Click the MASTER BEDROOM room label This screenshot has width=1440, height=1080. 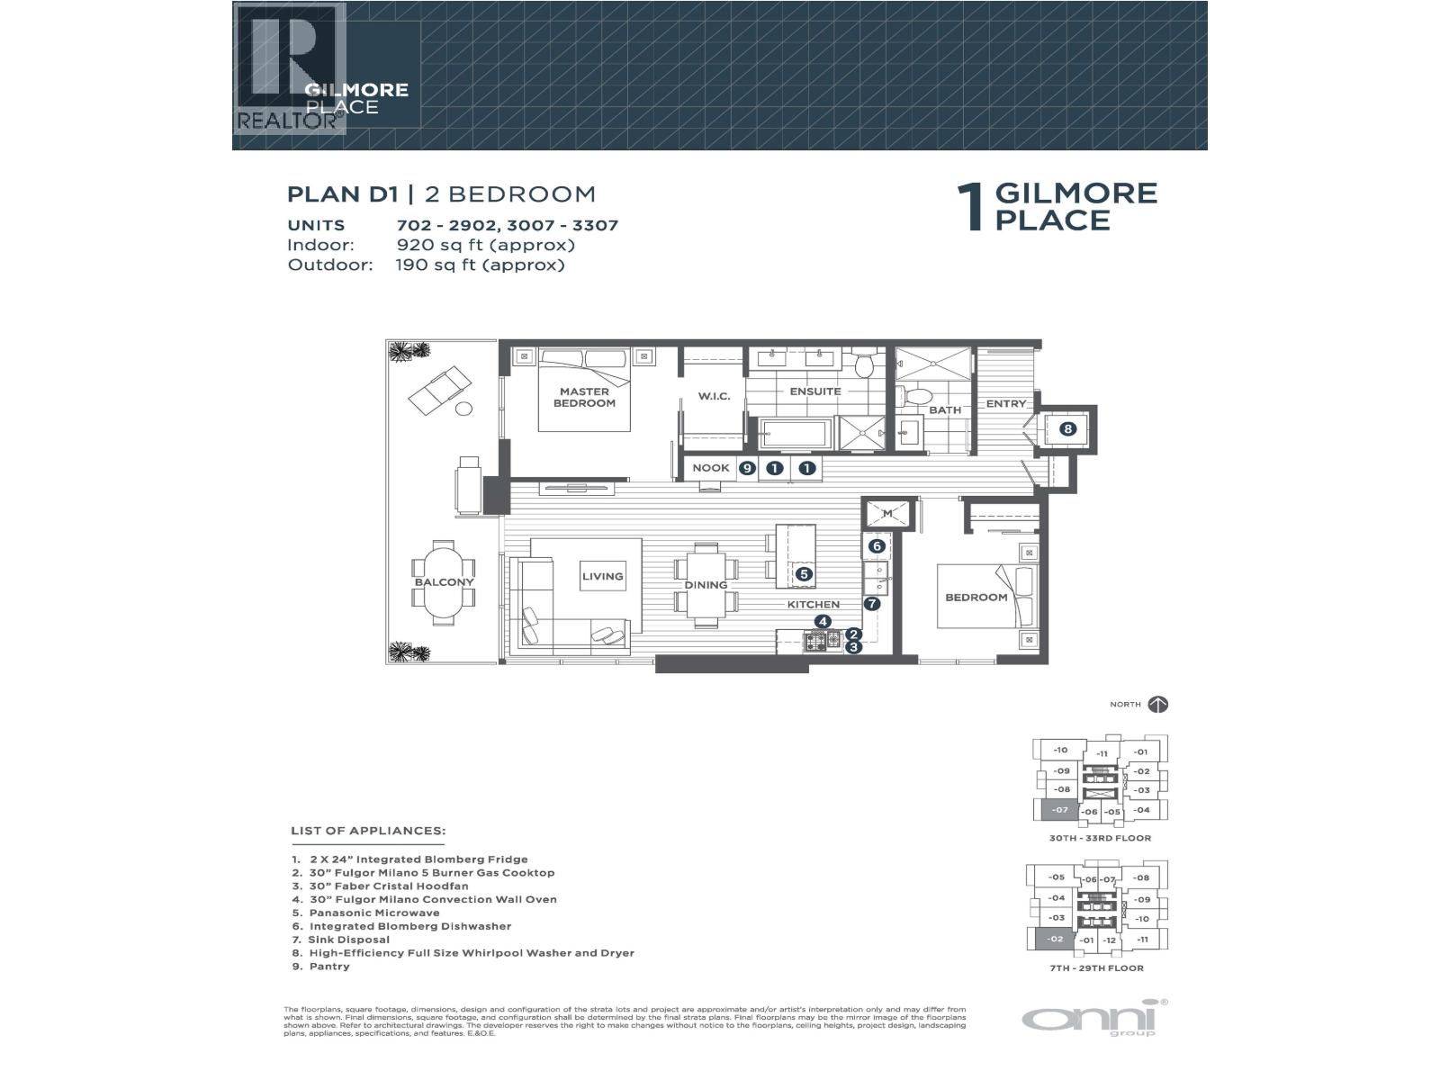(584, 397)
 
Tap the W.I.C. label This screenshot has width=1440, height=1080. (714, 397)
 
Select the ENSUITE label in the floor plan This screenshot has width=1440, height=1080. (814, 391)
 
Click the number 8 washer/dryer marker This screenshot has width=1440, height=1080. (1067, 429)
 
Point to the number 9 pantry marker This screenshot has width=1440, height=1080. (746, 468)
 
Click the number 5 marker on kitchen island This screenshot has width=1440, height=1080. (804, 573)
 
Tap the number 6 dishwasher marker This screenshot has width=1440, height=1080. (877, 546)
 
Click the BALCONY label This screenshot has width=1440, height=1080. (444, 582)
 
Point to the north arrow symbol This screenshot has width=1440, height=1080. (1158, 705)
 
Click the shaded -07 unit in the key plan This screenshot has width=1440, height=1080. (1060, 810)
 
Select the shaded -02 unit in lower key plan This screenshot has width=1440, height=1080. (1055, 940)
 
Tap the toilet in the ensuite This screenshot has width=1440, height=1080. (863, 364)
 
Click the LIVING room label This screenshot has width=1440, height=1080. (602, 577)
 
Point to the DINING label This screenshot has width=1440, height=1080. (706, 585)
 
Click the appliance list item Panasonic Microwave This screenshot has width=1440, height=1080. (374, 913)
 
